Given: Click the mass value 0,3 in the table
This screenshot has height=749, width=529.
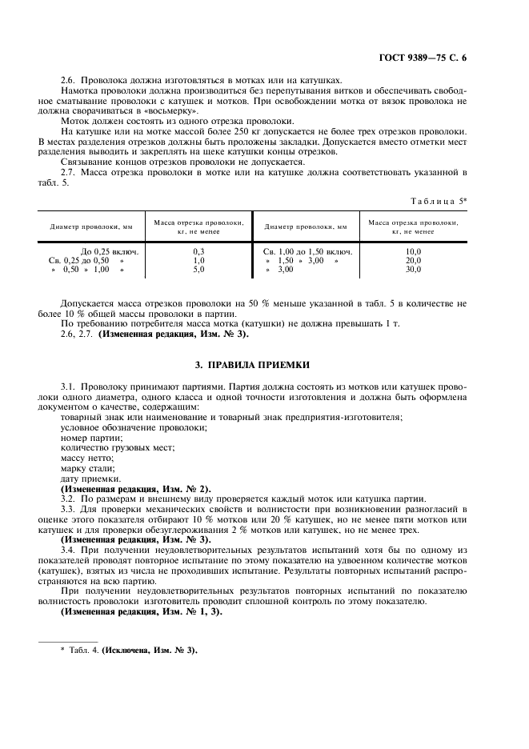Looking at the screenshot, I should click(x=199, y=250).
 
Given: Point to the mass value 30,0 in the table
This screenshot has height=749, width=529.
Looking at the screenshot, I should click(x=413, y=270).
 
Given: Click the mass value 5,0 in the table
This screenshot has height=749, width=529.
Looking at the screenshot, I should click(x=199, y=270).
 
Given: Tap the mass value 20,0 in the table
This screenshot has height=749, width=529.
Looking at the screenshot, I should click(x=413, y=260).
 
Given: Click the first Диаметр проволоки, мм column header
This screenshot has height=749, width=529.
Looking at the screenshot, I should click(x=86, y=226).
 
